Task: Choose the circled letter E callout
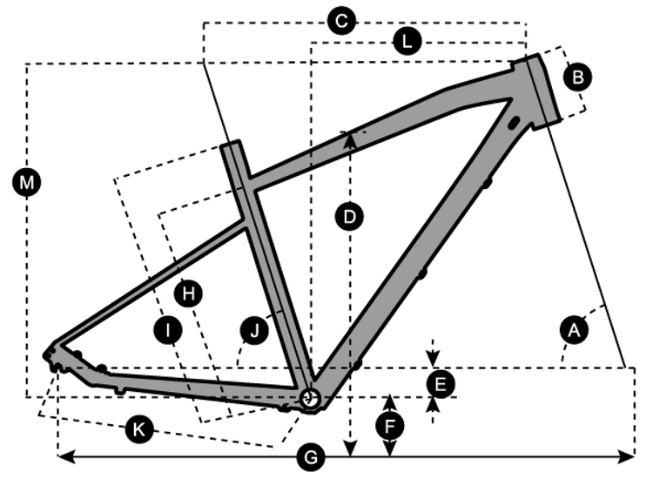(440, 382)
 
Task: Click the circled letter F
(390, 426)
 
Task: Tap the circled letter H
(187, 293)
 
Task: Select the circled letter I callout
(165, 329)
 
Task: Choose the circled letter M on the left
(28, 182)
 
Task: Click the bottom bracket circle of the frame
(309, 398)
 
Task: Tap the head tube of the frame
(539, 91)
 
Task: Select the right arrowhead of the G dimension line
(628, 456)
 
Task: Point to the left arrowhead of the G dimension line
(63, 456)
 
